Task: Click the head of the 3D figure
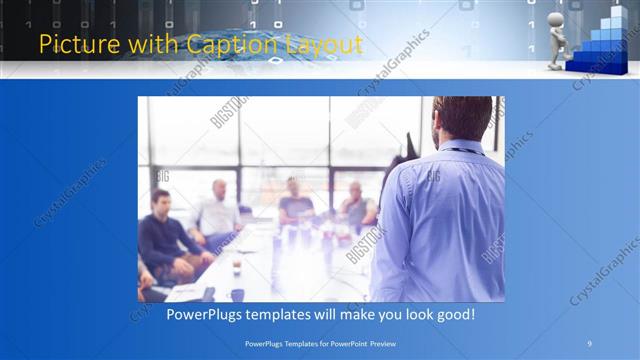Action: tap(557, 12)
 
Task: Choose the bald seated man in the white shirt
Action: tap(218, 210)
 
